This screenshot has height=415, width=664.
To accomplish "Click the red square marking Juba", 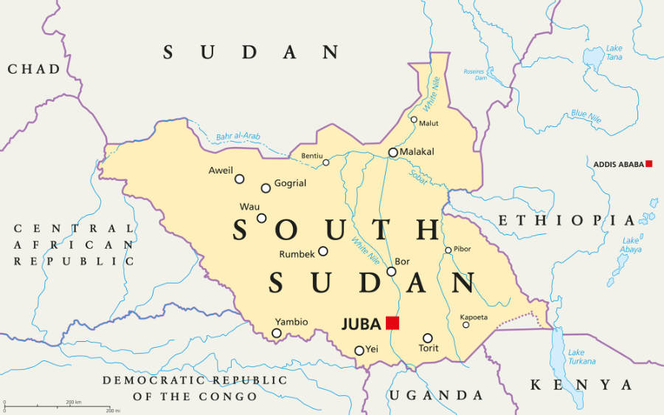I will click(392, 323).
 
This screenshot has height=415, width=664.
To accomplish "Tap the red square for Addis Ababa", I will click(649, 163).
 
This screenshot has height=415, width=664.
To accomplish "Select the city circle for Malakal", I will click(393, 153).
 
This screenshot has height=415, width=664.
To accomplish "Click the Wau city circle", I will click(262, 218).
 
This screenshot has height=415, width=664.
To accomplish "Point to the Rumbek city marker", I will click(323, 251).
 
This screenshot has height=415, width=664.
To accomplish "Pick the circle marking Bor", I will click(392, 271).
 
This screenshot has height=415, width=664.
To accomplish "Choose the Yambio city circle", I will click(277, 333).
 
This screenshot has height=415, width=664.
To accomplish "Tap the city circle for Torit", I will click(428, 338).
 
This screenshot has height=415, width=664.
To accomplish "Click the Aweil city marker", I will click(239, 179).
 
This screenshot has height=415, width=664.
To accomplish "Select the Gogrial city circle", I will click(266, 188).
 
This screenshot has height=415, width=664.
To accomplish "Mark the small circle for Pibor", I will click(448, 250).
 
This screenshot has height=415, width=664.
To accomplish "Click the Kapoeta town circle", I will click(466, 325).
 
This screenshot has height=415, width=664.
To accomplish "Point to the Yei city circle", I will click(359, 351).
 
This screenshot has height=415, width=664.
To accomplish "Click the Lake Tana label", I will click(614, 53).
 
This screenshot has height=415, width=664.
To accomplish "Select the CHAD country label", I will click(34, 69).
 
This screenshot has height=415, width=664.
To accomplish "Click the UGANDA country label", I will click(436, 395).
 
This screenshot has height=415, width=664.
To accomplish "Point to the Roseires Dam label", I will click(474, 75).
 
